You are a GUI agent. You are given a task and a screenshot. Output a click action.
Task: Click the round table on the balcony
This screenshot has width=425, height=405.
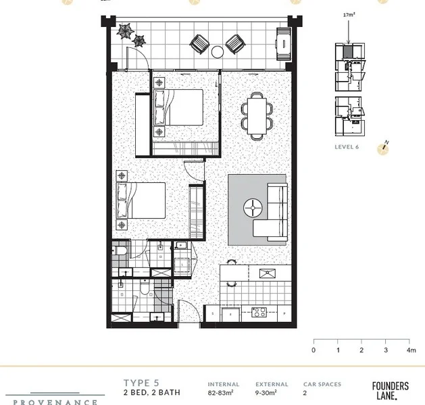coord(218,52)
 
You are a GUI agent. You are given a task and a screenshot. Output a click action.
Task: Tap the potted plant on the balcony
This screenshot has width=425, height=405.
coord(126,32)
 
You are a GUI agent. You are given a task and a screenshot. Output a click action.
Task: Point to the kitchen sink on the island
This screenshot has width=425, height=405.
coord(267,273)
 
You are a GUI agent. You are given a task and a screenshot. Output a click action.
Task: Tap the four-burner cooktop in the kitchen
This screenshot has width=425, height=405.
coord(258,313)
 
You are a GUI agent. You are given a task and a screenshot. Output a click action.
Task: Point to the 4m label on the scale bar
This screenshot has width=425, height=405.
coord(411,350)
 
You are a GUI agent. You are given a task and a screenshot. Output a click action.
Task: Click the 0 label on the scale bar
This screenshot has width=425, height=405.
coord(314,350)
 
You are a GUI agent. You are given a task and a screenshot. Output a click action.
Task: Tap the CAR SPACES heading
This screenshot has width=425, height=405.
coord(322,384)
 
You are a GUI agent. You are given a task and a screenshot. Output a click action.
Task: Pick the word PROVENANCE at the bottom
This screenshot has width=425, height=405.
coord(55,402)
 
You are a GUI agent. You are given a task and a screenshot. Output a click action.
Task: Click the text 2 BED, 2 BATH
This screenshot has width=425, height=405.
coord(150,392)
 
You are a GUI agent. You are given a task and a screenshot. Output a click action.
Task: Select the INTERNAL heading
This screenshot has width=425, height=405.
coord(224,384)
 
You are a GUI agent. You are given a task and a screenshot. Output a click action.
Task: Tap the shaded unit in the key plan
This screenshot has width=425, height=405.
coord(347,52)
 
